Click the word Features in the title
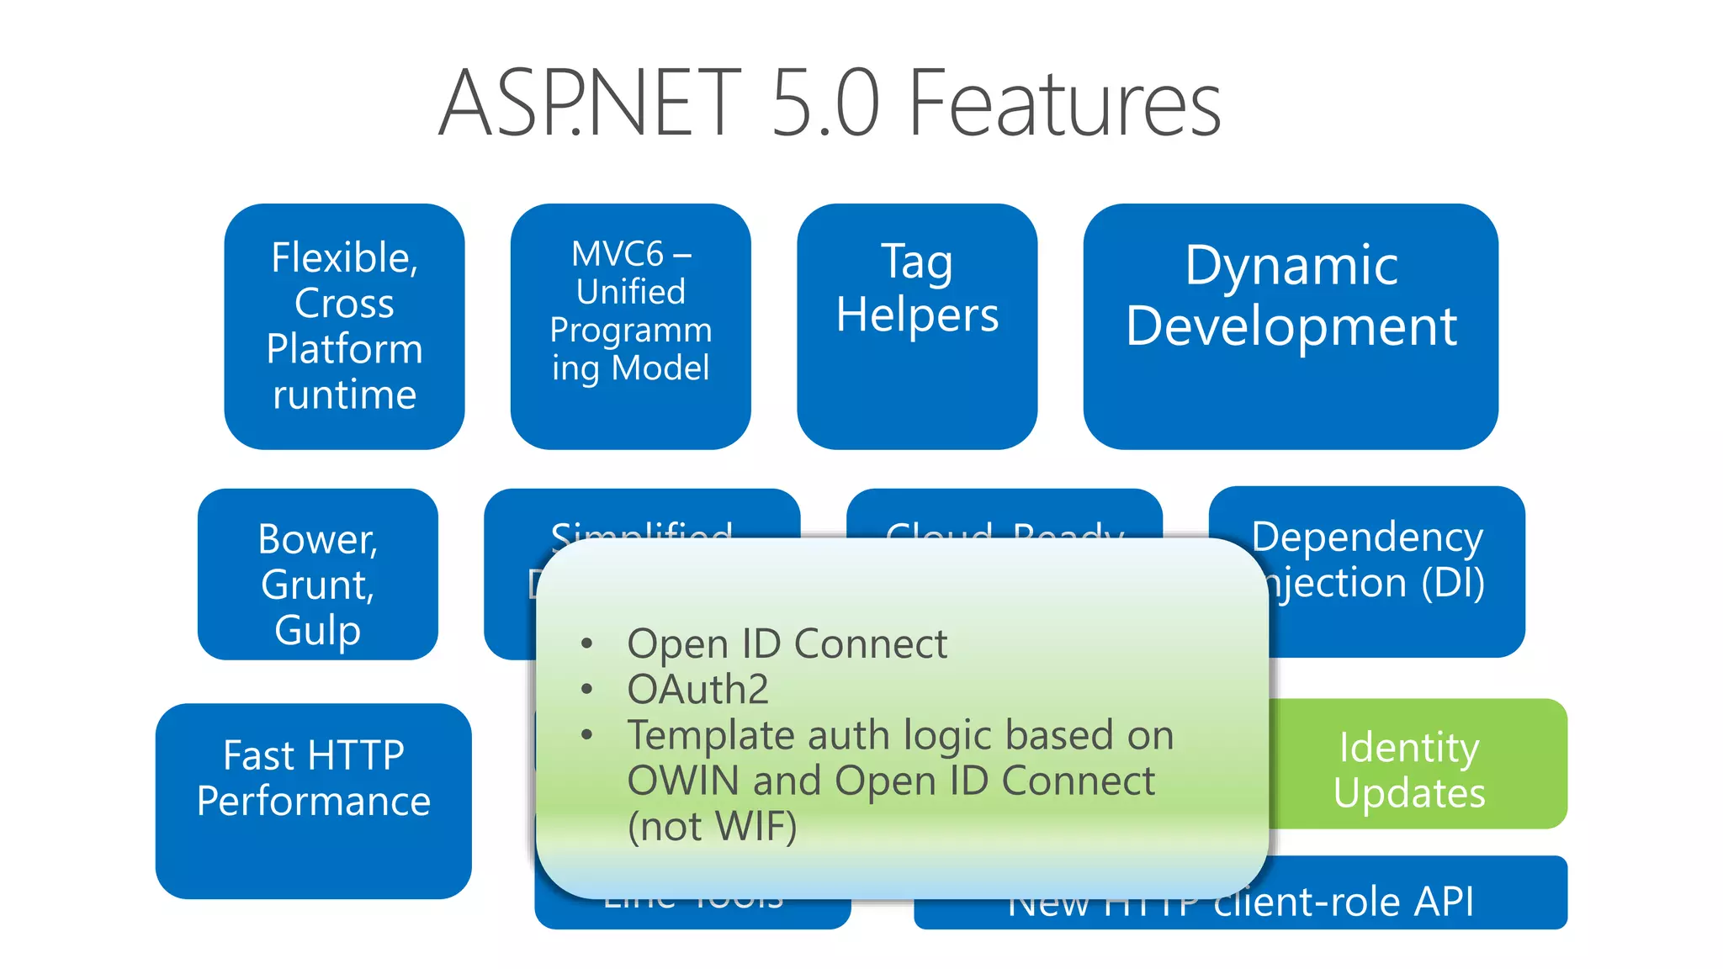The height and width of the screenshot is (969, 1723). [1064, 104]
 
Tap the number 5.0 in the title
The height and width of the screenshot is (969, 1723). [824, 104]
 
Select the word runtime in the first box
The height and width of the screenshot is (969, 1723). [344, 394]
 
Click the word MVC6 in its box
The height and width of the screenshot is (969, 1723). [618, 254]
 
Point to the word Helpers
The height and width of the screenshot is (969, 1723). [917, 316]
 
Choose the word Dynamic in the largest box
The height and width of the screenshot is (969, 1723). [1291, 266]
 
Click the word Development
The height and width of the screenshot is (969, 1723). [1291, 326]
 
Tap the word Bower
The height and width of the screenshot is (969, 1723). [317, 539]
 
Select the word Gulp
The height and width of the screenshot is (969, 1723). [317, 631]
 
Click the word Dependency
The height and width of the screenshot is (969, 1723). [1366, 537]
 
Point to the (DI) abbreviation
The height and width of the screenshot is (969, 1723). [1453, 583]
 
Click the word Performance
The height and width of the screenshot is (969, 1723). [313, 801]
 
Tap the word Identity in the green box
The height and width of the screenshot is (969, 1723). [1408, 748]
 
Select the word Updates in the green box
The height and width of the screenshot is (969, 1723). [1408, 793]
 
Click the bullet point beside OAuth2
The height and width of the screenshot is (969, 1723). [587, 690]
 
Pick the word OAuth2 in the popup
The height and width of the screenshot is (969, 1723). [697, 690]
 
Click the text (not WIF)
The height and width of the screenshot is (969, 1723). [712, 827]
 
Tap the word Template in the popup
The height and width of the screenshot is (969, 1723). [711, 736]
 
